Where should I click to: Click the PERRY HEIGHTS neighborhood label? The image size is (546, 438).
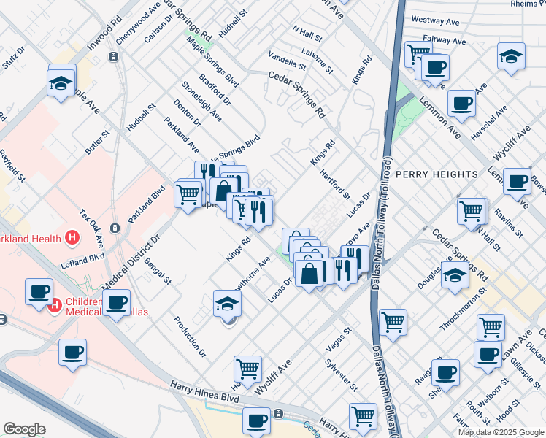coord(437,174)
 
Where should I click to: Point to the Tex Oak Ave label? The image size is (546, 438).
coord(92,228)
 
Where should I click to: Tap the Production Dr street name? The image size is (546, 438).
coord(191,336)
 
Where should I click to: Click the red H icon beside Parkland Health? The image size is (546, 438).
coord(72,237)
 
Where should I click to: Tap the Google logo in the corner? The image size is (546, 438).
coord(25,429)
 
